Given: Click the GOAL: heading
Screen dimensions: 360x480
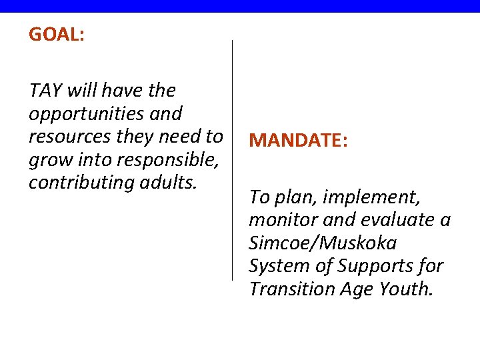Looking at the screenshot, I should click(x=56, y=35).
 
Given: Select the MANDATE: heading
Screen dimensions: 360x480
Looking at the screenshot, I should click(x=297, y=141).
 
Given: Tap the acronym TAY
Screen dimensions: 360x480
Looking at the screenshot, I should click(x=44, y=91).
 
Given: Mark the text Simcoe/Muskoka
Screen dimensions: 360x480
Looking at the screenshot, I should click(x=323, y=243).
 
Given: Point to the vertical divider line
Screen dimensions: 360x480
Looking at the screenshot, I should click(x=232, y=160).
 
